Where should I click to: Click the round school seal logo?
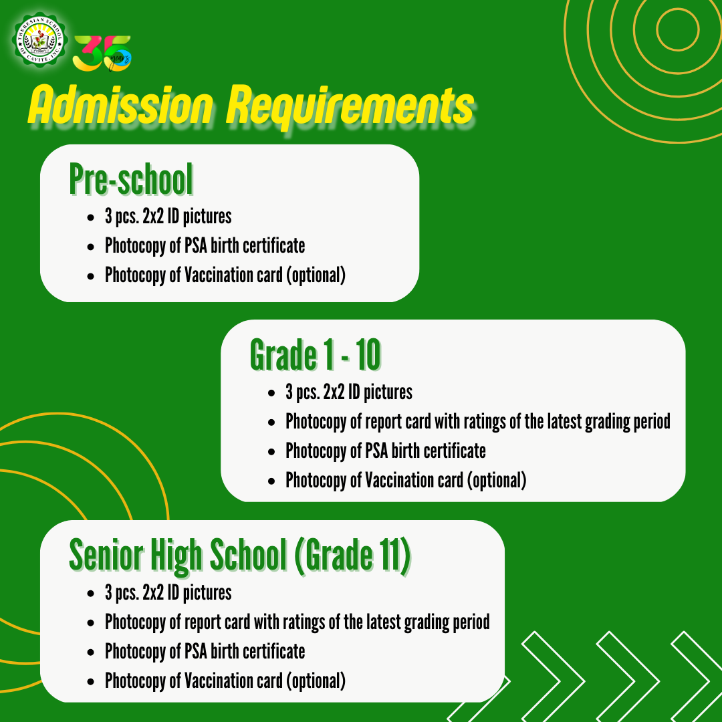40,39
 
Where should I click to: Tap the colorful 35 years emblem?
102,51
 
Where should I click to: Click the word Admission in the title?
120,106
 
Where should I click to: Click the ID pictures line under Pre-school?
168,217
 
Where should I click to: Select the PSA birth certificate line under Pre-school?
205,245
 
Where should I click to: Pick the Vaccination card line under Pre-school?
225,275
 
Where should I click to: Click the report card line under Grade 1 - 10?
477,422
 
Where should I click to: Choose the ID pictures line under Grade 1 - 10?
349,392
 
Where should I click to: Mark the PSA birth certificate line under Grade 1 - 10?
385,451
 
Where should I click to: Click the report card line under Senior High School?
297,622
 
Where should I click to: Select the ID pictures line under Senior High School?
168,592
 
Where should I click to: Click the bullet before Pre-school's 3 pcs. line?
90,218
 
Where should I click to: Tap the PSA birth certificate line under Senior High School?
205,651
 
